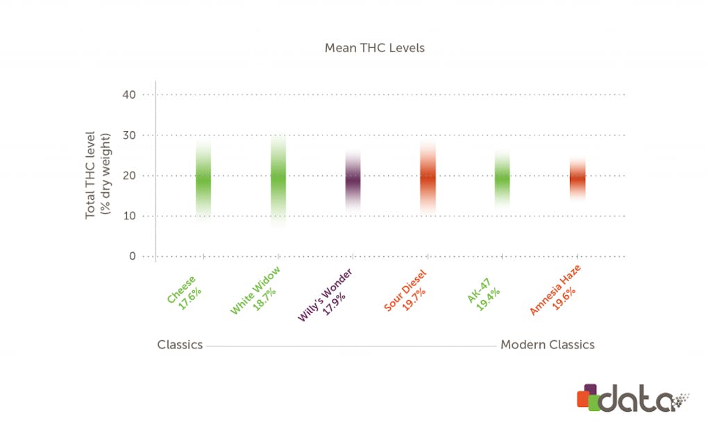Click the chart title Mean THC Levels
point(375,49)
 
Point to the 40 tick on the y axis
point(128,94)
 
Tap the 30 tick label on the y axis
point(128,135)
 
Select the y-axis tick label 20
point(128,175)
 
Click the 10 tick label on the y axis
point(128,215)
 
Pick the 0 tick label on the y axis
point(132,256)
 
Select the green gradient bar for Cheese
point(203,178)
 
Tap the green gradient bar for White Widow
point(278,179)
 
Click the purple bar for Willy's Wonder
point(353,180)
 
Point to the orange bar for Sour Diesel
point(428,177)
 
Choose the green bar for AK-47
point(503,177)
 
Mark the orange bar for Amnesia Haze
point(578,178)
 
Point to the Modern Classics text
point(548,344)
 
